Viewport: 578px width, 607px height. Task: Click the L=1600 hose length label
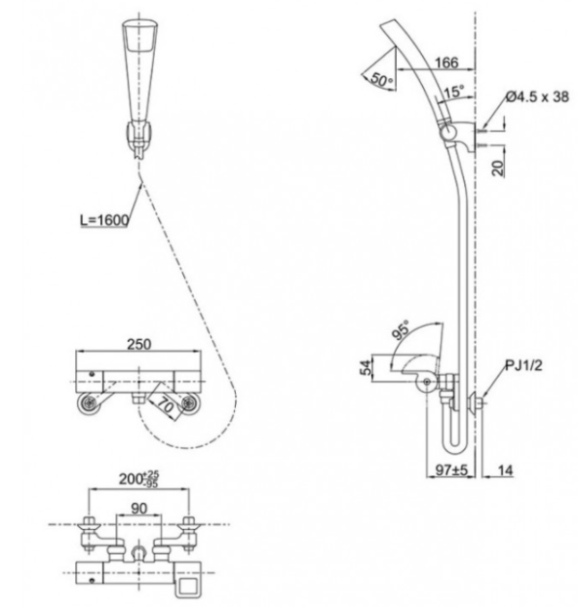tap(105, 220)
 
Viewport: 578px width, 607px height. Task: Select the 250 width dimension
tap(139, 344)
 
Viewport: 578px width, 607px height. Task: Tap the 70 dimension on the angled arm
tap(166, 404)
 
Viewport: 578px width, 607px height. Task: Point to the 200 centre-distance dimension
tap(139, 479)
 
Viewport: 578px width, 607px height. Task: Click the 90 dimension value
tap(139, 508)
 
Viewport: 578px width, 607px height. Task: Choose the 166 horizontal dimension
tap(446, 63)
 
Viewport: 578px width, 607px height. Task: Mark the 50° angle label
tap(381, 79)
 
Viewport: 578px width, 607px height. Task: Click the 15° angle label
tap(454, 92)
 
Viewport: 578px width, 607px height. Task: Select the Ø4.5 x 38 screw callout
tap(538, 96)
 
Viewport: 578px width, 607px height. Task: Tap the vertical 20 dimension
tap(498, 168)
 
